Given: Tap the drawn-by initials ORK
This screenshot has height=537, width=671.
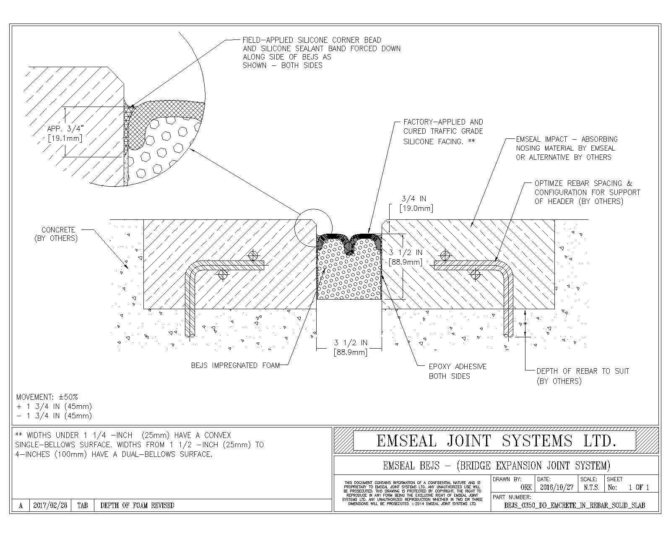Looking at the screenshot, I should coord(526,487).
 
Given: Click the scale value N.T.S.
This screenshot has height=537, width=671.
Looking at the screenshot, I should coord(591,487).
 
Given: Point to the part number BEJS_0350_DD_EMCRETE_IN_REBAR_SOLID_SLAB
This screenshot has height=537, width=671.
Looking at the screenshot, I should coord(575,506).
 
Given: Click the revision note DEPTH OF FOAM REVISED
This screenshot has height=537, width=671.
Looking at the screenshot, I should coord(137,506).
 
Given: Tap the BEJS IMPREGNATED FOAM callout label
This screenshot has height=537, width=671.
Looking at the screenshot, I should coord(235,365).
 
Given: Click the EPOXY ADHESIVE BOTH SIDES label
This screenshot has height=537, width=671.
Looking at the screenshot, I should coord(458,371).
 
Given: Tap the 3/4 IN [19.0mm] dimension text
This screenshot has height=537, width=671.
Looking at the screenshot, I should coord(414,203).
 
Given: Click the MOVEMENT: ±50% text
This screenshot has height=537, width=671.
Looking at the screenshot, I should coord(47,397).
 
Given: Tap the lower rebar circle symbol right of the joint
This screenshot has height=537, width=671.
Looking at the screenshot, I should coord(475,274).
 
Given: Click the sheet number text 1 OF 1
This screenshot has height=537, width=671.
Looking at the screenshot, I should coord(639,487).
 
